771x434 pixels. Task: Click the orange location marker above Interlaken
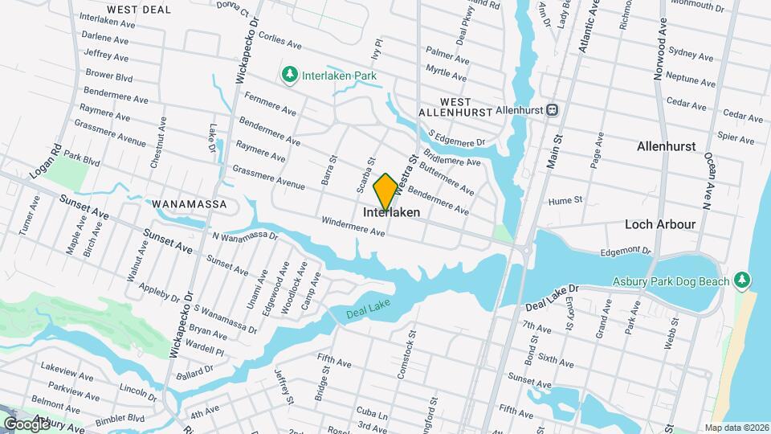(x=385, y=192)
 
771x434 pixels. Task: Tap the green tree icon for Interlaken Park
(x=289, y=75)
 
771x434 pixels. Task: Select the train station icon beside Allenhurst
(x=553, y=109)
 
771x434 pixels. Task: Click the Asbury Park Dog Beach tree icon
(x=744, y=280)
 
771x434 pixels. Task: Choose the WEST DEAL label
(x=139, y=10)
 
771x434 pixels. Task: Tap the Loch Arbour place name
(x=660, y=225)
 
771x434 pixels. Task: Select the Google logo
(x=27, y=424)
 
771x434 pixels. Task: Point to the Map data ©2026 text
(x=736, y=428)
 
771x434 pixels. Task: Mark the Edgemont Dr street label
(x=625, y=252)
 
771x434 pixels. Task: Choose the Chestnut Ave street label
(x=157, y=142)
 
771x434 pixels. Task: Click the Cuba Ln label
(x=373, y=412)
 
